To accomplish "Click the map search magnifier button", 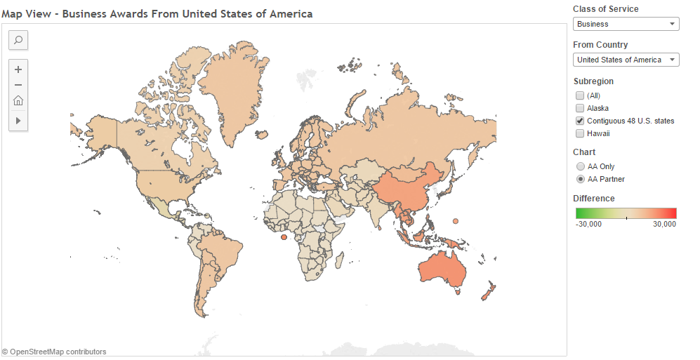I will pos(18,40).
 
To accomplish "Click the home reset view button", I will pos(18,100).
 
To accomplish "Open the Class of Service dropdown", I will pos(626,24).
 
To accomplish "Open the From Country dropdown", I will pos(626,60).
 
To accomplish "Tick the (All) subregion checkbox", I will pos(579,95).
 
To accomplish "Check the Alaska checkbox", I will pos(579,108).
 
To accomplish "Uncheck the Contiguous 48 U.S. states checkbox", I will pos(579,121).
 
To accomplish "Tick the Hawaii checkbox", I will pos(579,133).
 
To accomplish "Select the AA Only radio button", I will pos(580,166).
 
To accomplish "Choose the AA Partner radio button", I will pos(580,179).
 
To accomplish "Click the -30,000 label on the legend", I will pos(588,225).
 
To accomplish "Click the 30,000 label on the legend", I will pos(664,225).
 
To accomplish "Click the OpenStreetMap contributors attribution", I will pos(54,352).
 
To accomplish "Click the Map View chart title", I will pos(157,14).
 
